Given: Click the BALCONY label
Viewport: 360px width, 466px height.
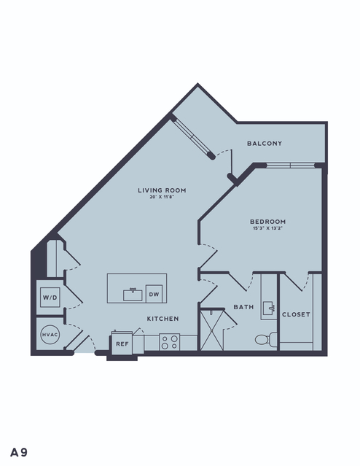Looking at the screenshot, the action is tap(265, 144).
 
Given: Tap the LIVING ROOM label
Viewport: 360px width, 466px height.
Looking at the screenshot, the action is tap(162, 190).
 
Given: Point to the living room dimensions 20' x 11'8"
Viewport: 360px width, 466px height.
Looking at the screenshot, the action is tap(162, 197).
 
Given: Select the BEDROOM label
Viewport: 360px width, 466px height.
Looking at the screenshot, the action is tap(267, 222).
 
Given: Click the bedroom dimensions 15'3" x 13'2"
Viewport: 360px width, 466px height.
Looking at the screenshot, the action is tap(267, 228).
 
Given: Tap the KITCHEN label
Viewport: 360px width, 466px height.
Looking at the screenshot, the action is tap(163, 319).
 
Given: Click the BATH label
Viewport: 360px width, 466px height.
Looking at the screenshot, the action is tap(243, 307).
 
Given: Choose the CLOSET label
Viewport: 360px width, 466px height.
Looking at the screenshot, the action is tap(296, 314).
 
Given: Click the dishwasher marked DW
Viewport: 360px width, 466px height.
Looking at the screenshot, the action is tap(154, 294).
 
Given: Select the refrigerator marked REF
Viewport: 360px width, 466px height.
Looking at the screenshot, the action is tap(122, 343).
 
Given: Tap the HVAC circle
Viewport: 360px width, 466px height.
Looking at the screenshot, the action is tap(50, 335).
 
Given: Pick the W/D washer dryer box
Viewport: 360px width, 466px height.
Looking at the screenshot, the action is tap(50, 298).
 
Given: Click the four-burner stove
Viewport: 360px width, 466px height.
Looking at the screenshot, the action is tap(170, 342).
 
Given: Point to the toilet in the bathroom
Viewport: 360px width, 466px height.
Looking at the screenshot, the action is tap(266, 339).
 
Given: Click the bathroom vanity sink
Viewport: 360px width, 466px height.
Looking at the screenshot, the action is tap(268, 308).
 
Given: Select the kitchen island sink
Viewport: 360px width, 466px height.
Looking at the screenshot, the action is tap(133, 295).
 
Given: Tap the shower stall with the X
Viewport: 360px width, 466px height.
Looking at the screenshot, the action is tap(212, 330).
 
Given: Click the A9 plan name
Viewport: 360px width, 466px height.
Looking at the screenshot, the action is tap(19, 452).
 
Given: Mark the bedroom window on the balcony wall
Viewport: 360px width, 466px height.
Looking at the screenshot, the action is tap(290, 166).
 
